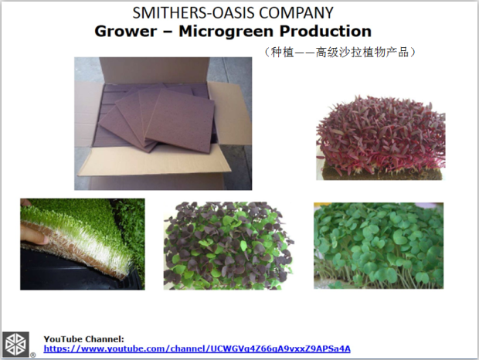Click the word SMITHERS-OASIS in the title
193,13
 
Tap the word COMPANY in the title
296,13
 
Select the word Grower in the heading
126,31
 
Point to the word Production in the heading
325,31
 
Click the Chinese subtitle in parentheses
339,53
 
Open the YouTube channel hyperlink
197,348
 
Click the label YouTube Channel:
83,339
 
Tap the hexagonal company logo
16,345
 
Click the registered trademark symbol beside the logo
33,355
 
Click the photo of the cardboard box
163,124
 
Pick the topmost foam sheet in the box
180,120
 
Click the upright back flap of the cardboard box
155,70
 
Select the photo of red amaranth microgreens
381,137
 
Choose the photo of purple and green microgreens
228,246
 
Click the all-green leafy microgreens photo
379,246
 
